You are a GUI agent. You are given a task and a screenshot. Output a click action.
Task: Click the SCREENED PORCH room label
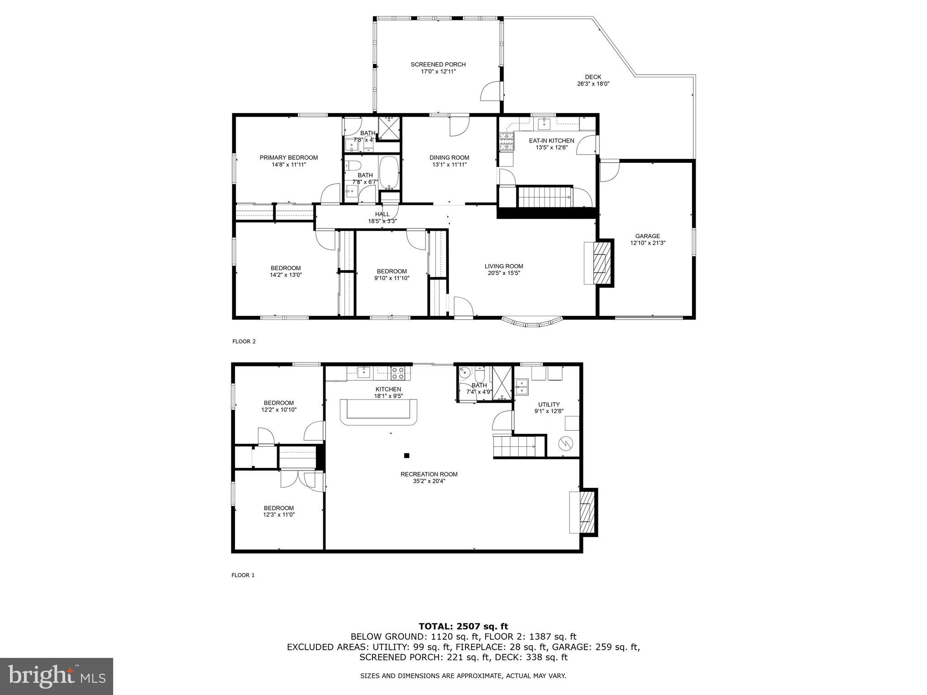438,64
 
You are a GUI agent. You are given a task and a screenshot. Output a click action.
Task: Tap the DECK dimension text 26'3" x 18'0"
593,84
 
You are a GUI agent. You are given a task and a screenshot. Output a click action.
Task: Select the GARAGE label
647,236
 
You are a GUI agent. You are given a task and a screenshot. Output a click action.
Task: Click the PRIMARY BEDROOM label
288,157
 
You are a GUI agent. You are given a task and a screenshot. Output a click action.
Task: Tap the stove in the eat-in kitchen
507,141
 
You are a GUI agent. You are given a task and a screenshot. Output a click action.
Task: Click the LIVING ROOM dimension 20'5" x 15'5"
504,273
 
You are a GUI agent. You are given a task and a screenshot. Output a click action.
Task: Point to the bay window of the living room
532,322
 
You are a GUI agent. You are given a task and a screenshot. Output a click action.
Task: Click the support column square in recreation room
406,456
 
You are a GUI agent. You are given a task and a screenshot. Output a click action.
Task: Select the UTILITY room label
549,405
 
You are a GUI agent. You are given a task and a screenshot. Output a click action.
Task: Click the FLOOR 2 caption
244,342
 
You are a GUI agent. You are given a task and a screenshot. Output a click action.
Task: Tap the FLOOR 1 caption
243,575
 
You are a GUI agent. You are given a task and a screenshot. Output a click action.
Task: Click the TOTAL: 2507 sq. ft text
463,626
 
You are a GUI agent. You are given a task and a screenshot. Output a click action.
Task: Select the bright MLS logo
57,676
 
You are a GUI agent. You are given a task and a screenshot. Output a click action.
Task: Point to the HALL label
382,214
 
